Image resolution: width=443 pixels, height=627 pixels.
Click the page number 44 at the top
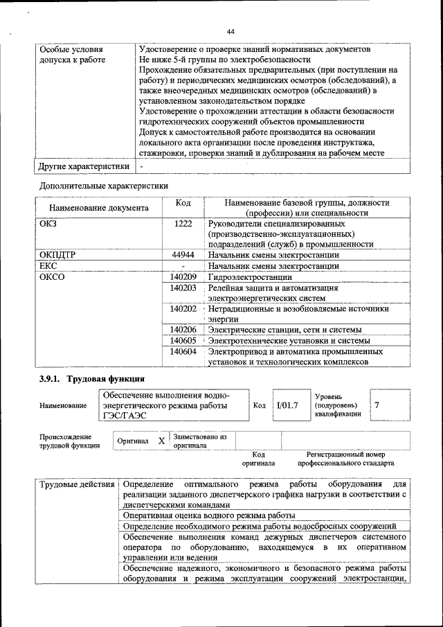tap(230, 30)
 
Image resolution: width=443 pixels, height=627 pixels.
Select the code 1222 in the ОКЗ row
tap(183, 224)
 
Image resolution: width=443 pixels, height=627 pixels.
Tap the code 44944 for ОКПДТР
tap(183, 254)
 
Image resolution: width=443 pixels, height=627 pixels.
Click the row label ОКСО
tap(53, 276)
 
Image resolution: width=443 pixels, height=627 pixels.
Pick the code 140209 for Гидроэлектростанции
tap(183, 276)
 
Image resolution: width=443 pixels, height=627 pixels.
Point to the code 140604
tap(183, 352)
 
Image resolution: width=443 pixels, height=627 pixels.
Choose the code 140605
tap(183, 341)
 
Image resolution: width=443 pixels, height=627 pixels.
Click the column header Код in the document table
tap(183, 202)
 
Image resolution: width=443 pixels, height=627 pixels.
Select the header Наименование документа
tap(99, 207)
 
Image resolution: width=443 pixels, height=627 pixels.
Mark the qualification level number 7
tap(377, 405)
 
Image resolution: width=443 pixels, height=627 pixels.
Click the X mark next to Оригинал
tap(161, 441)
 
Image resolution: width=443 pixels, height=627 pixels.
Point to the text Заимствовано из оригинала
tap(200, 441)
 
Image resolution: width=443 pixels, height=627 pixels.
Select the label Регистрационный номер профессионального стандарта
tap(345, 458)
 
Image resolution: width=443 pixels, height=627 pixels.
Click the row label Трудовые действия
tap(77, 482)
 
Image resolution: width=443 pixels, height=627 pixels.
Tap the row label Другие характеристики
tap(84, 166)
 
